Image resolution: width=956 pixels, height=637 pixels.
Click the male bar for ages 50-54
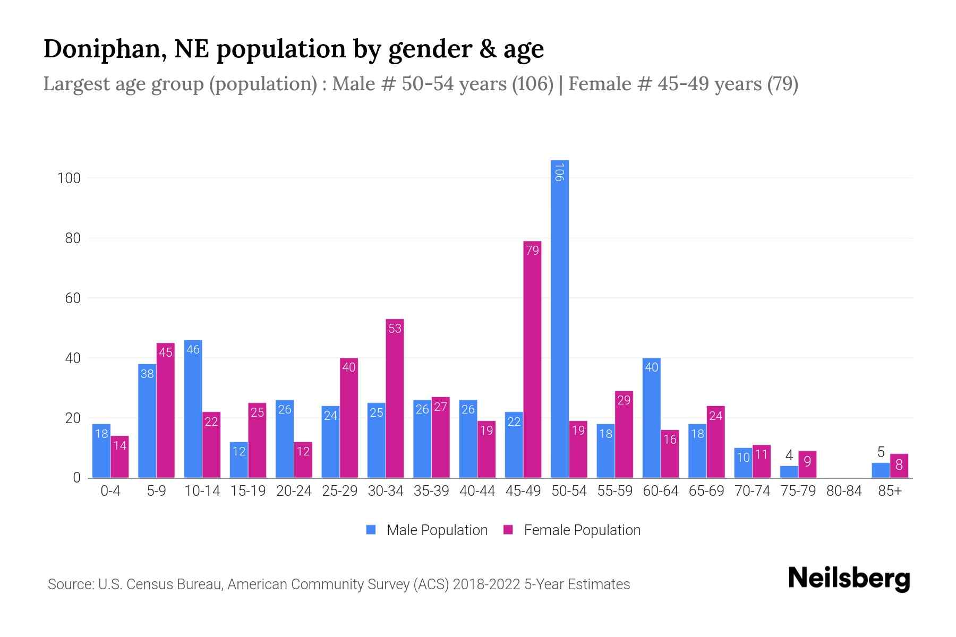tap(559, 318)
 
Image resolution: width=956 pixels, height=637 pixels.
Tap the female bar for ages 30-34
tap(395, 398)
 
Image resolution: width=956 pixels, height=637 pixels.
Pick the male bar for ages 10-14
tap(193, 409)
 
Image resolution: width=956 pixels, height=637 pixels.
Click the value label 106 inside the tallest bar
tap(559, 173)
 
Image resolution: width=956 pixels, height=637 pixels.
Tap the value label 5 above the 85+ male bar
tap(881, 452)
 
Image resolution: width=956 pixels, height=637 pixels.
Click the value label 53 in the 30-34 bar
tap(395, 329)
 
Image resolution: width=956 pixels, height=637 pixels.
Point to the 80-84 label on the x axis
tap(844, 491)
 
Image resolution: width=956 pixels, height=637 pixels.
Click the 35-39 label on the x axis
tap(431, 491)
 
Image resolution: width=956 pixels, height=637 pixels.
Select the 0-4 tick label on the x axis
tap(110, 491)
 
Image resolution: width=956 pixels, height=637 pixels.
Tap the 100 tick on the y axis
tap(69, 178)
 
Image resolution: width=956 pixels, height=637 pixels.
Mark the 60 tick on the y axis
tap(72, 298)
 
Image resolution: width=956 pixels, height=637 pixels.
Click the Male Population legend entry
tap(437, 530)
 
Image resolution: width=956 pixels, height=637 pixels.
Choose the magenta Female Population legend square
tap(508, 530)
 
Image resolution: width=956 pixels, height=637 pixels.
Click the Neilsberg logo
tap(849, 579)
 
